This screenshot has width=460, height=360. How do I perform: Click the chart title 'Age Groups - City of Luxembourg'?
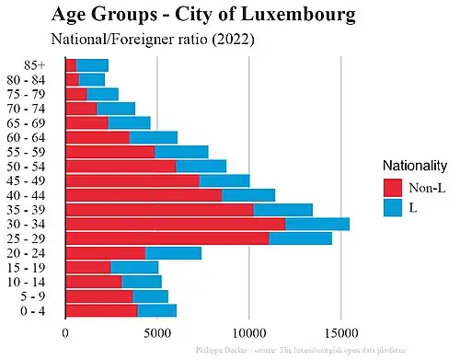point(203,16)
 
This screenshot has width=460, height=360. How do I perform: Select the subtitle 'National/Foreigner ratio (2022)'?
point(153,40)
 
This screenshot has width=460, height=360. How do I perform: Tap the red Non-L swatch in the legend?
point(394,187)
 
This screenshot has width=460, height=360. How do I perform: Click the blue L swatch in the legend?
point(394,208)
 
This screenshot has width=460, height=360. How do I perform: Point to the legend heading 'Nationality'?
point(415,165)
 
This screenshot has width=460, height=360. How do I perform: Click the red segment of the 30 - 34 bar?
point(175,223)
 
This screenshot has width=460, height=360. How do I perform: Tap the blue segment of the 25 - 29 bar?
point(301,238)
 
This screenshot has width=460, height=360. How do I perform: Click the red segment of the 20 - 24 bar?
point(105,253)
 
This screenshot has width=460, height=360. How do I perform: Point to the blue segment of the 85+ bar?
point(92,64)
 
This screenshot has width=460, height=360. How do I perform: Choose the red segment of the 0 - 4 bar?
point(101,310)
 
